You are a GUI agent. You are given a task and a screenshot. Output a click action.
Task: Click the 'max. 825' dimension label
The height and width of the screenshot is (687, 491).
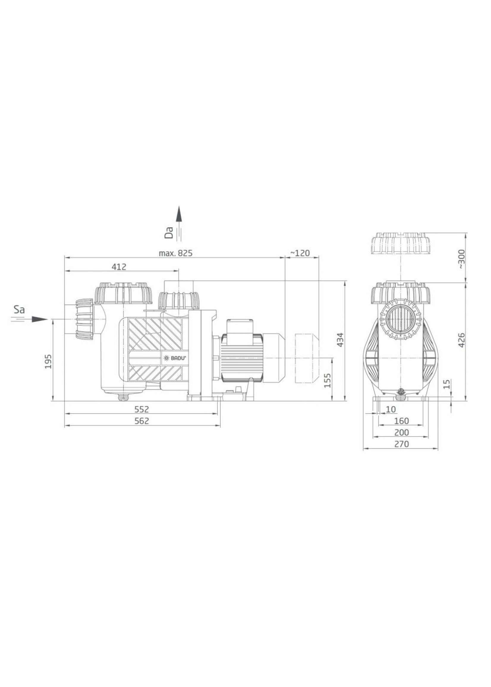point(175,253)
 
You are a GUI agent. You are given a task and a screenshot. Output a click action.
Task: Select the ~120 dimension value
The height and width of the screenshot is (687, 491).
point(300,253)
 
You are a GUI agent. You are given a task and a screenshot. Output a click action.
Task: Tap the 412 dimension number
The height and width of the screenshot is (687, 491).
point(119,267)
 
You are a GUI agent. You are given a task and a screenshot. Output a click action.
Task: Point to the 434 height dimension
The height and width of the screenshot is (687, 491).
point(340,339)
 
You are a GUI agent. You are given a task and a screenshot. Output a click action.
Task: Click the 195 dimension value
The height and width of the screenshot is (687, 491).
point(48,361)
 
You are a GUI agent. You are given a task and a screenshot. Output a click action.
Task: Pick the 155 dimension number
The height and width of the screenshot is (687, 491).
point(328,380)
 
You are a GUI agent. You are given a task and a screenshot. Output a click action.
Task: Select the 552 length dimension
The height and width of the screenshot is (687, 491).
point(142,409)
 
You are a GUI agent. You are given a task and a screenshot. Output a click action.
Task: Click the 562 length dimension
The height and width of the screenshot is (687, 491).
point(142,421)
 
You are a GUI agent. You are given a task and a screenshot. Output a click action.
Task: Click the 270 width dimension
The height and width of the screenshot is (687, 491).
point(402,444)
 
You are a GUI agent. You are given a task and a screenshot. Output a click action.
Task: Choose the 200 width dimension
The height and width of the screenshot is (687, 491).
point(402,432)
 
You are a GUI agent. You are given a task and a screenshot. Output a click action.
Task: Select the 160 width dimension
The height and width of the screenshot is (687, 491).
point(402,421)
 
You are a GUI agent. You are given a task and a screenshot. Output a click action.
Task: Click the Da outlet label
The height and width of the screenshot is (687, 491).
point(170,233)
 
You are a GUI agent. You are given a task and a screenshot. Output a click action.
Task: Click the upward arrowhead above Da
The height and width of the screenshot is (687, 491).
point(179,214)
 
